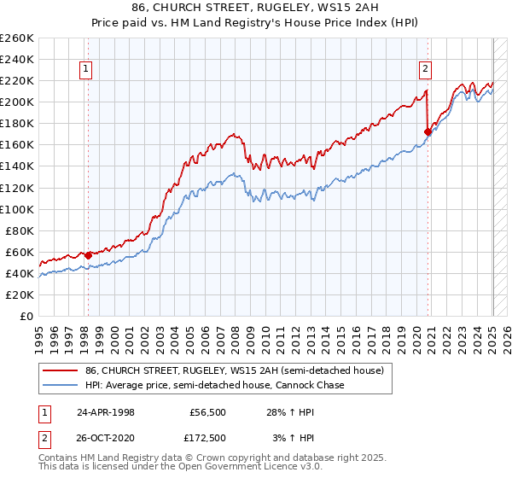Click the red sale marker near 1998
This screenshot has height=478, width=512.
coord(88,255)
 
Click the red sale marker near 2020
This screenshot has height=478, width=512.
coord(428,131)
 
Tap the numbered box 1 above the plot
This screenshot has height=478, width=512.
coord(87,71)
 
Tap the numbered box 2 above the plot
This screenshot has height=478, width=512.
coord(425,71)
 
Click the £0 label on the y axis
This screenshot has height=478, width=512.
coord(27,316)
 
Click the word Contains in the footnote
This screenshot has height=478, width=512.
coord(61,458)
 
